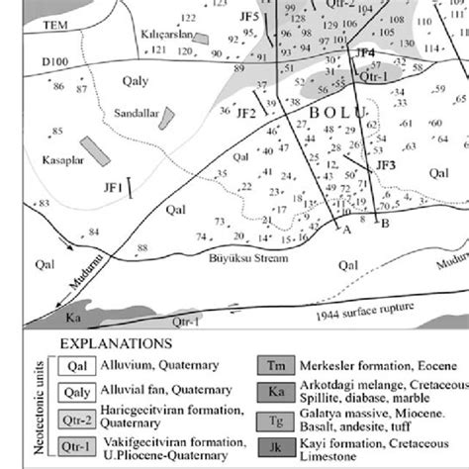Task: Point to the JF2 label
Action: point(245,114)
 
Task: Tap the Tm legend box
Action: point(275,365)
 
